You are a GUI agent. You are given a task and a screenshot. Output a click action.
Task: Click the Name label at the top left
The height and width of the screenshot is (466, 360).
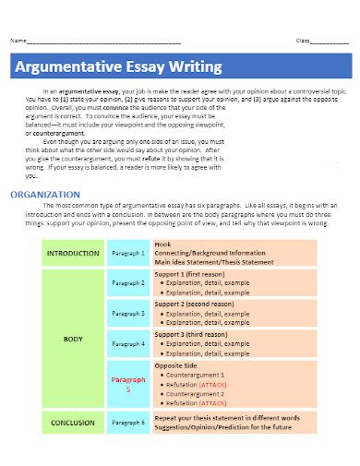[x=17, y=42]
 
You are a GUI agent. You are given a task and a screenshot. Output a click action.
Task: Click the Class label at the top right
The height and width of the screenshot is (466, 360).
[x=303, y=42]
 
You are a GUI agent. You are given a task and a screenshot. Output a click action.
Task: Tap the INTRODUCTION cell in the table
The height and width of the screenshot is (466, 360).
[x=72, y=253]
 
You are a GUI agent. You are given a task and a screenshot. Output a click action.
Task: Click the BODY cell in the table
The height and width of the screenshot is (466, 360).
[x=73, y=340]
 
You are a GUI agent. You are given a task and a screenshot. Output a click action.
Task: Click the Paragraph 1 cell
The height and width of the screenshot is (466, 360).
[x=128, y=253]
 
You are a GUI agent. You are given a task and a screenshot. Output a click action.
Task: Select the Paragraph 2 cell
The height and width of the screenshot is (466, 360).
[x=128, y=283]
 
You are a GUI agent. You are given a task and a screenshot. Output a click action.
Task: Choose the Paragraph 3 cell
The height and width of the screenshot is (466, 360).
[x=128, y=314]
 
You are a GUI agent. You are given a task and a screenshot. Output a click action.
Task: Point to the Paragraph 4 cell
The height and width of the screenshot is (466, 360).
[x=128, y=344]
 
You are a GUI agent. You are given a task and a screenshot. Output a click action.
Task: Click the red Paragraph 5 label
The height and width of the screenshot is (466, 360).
[x=128, y=384]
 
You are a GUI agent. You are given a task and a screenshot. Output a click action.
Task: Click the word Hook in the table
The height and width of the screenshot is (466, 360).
[x=163, y=245]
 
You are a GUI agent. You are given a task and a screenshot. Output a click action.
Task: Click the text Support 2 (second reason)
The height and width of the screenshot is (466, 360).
[x=196, y=305]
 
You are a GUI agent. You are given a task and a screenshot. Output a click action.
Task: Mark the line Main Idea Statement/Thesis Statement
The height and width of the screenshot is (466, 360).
[x=214, y=261]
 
